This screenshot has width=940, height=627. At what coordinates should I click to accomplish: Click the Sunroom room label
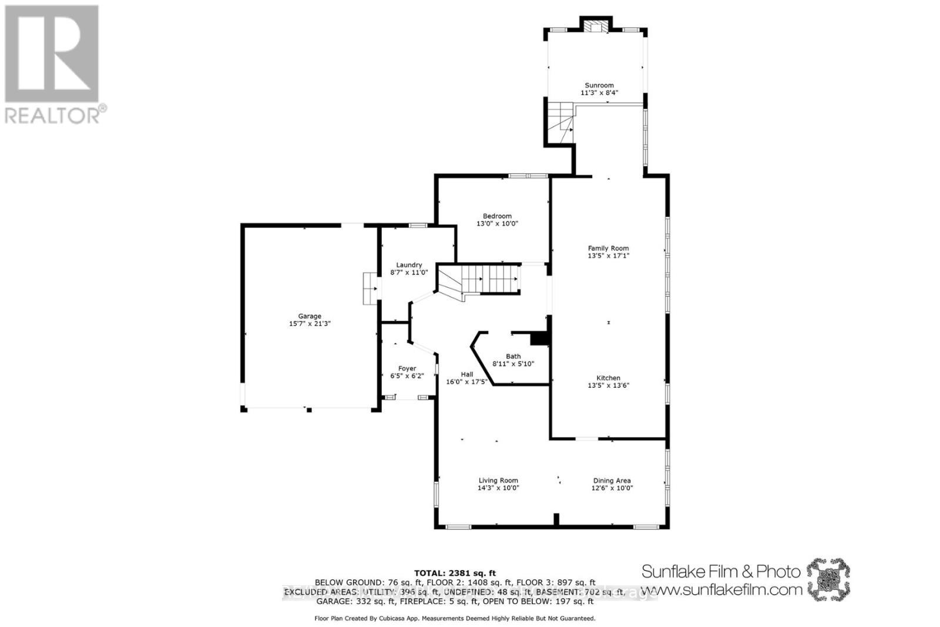599,85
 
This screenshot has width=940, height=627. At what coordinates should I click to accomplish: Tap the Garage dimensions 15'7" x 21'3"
310,324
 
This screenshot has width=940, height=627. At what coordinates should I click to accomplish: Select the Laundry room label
409,265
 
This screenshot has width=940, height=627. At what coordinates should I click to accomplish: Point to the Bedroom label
497,216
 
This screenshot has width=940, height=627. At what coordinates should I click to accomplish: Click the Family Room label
608,249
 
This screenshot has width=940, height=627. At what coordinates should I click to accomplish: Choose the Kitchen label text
608,378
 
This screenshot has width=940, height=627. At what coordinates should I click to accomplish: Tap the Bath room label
513,356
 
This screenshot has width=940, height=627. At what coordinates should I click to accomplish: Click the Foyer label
407,368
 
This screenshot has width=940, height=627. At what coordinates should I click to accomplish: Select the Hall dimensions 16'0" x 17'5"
466,382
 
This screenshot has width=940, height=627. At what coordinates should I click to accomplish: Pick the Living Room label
498,480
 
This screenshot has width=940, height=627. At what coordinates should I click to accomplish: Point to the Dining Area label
612,480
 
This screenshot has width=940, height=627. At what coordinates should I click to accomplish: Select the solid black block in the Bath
538,338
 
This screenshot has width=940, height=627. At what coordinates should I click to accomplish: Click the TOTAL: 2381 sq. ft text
455,573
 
